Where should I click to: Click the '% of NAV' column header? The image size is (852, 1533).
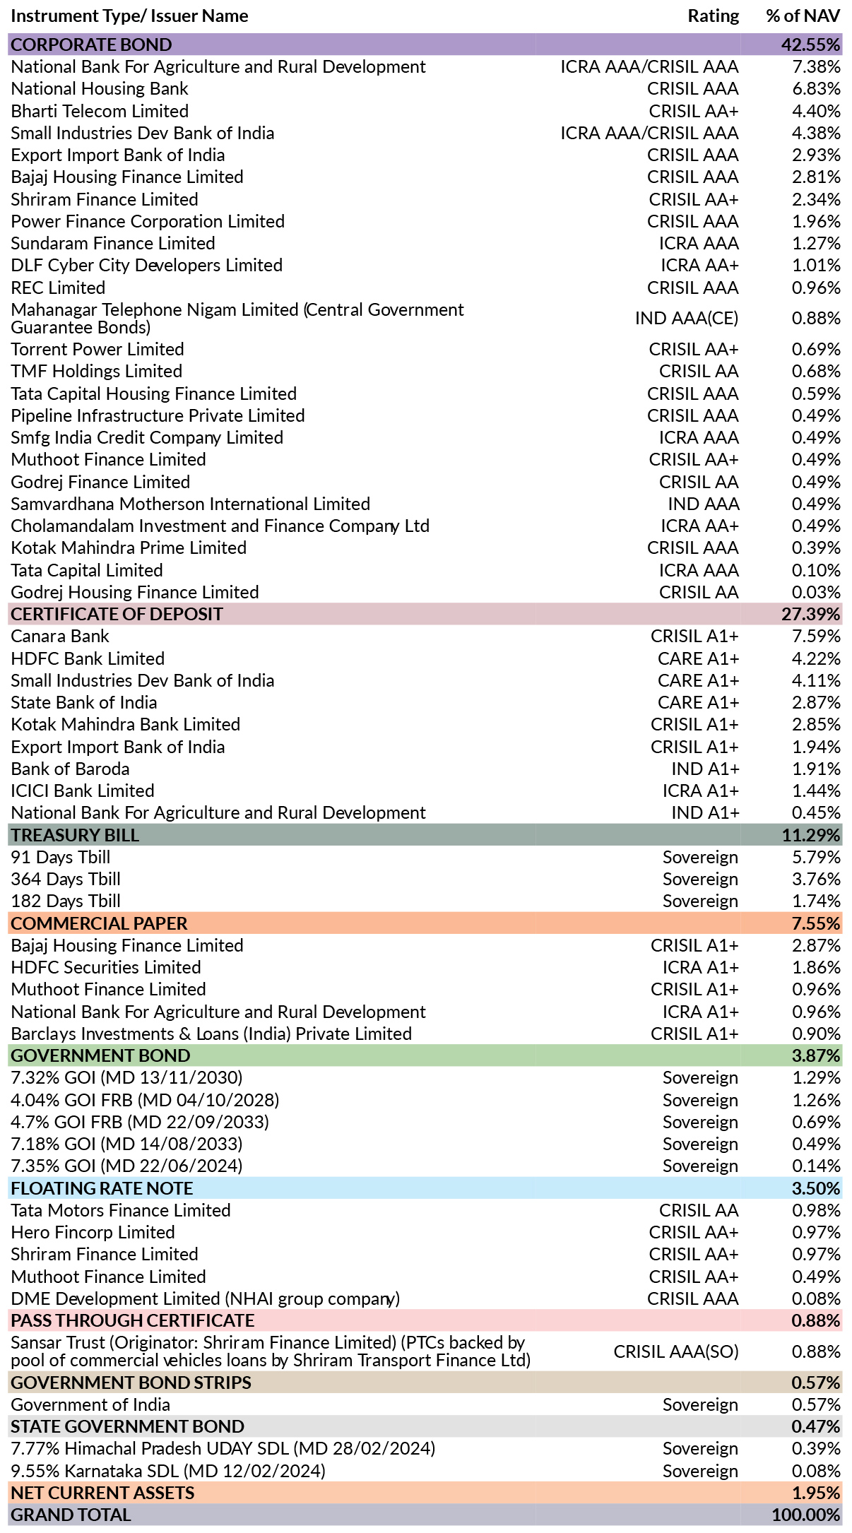click(803, 16)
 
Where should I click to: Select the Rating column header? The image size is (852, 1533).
click(714, 16)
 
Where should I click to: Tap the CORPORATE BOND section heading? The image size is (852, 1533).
click(91, 45)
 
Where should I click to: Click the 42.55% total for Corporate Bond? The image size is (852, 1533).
click(810, 45)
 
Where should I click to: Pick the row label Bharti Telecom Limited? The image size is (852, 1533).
click(100, 111)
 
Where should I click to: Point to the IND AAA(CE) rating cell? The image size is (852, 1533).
click(687, 319)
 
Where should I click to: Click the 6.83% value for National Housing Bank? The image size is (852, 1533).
click(816, 89)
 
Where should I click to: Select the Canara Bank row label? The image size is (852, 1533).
click(60, 637)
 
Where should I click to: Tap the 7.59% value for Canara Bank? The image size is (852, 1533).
click(816, 637)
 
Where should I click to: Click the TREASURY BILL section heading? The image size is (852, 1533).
click(75, 835)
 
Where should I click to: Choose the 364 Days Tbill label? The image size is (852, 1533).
click(66, 879)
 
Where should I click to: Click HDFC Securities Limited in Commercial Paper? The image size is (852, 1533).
click(106, 967)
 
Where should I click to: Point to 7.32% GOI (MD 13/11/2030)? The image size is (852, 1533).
click(126, 1077)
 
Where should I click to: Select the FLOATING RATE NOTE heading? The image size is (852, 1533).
click(102, 1188)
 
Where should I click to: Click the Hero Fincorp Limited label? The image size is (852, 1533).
click(93, 1232)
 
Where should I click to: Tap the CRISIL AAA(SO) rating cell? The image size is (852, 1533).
click(676, 1351)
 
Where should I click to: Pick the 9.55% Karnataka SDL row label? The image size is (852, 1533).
click(168, 1471)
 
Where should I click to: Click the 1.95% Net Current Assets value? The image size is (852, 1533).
click(816, 1493)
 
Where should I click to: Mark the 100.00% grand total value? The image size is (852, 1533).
click(806, 1515)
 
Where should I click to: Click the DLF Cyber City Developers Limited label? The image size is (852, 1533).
click(147, 266)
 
